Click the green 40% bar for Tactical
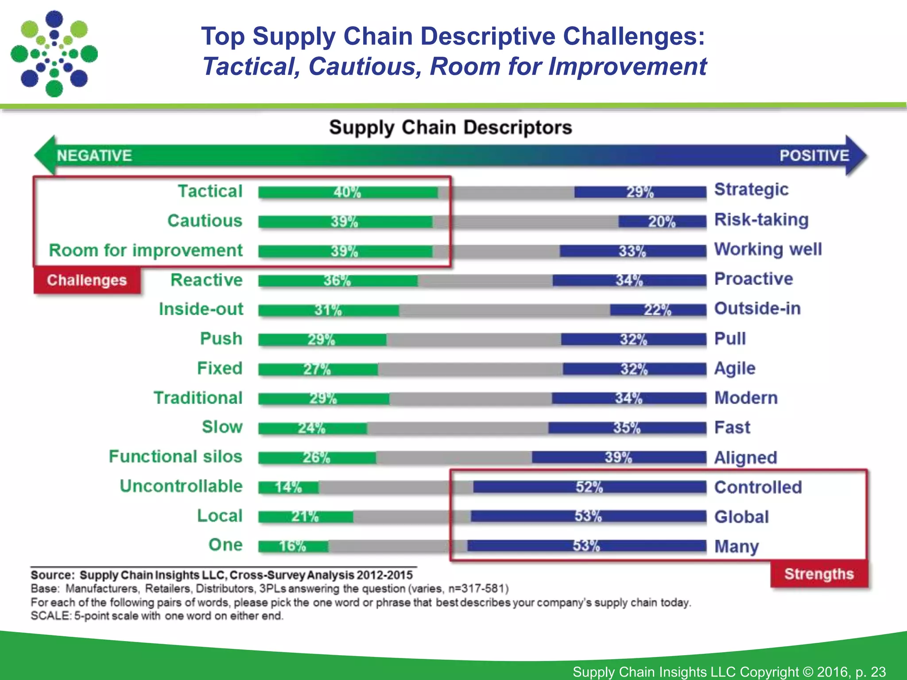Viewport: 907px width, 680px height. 348,192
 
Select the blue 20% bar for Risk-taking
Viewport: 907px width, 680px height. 662,221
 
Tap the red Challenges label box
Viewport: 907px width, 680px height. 87,280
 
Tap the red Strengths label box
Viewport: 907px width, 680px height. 819,574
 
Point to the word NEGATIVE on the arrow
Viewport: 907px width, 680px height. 94,155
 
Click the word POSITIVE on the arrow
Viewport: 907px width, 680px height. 814,155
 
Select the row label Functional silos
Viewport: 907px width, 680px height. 175,456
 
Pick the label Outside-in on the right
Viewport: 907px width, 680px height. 757,309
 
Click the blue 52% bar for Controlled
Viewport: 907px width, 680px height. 589,487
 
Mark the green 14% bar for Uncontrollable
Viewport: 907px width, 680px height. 288,487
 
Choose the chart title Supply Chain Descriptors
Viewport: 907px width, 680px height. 450,127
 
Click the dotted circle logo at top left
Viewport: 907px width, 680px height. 54,54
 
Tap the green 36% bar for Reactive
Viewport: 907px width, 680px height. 337,281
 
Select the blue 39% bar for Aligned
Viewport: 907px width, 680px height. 618,457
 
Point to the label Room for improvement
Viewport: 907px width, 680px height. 146,250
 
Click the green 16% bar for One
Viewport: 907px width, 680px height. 293,546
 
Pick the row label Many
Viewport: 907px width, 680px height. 736,546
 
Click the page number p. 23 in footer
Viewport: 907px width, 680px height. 870,672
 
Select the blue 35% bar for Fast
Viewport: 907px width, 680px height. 627,428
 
